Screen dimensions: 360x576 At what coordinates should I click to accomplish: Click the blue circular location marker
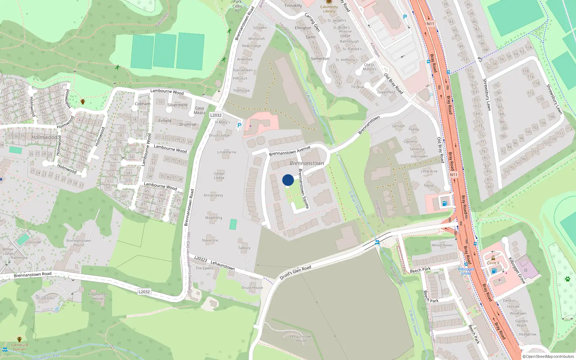tap(288, 180)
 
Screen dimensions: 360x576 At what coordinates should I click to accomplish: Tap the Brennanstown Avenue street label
tap(289, 151)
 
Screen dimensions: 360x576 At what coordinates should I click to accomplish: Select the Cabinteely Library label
tap(329, 9)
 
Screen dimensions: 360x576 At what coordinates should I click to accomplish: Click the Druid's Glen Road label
tap(295, 273)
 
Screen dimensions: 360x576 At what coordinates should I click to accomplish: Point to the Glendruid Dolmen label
tap(19, 347)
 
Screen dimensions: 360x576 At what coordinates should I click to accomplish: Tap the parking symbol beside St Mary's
tap(239, 125)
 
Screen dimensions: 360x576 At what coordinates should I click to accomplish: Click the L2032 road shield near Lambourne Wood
tap(216, 115)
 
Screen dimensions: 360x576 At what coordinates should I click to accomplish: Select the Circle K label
tap(493, 263)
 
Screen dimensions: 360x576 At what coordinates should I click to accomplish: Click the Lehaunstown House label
tap(301, 338)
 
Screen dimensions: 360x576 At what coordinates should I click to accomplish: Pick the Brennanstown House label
tap(78, 243)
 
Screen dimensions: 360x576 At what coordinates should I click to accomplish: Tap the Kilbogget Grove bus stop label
tap(466, 271)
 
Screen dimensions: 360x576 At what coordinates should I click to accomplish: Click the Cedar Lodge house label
tap(219, 175)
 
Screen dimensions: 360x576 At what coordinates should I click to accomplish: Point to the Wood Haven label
tap(442, 245)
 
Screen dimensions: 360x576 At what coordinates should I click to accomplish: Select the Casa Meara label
tap(199, 110)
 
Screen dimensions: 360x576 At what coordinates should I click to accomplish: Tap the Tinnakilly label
tap(293, 5)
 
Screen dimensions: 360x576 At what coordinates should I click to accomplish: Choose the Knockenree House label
tap(98, 296)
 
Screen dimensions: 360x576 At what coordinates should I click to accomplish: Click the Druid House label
tap(252, 288)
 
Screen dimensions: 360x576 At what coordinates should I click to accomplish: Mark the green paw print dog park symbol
tap(567, 279)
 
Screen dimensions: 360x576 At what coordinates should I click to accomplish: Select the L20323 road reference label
tap(201, 259)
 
